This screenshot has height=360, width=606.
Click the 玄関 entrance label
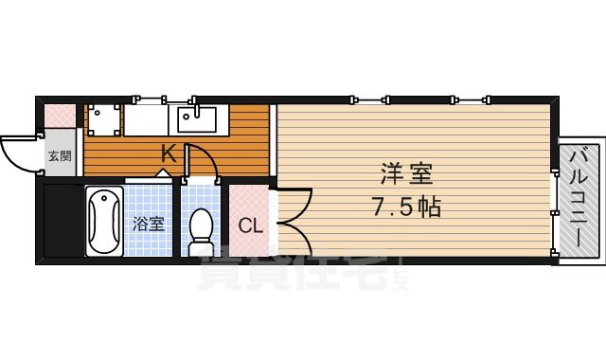point(60,156)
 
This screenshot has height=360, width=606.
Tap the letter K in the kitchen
point(167,152)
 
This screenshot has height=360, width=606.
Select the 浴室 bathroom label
point(149,225)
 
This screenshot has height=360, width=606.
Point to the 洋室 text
point(407,174)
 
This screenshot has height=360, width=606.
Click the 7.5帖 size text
point(408,207)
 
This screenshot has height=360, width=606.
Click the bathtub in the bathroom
point(103,221)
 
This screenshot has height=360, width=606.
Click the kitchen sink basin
point(194,120)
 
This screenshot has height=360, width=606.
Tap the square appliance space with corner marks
point(102,120)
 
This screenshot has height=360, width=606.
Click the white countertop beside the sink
point(147,120)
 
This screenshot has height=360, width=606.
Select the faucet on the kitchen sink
point(194,110)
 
